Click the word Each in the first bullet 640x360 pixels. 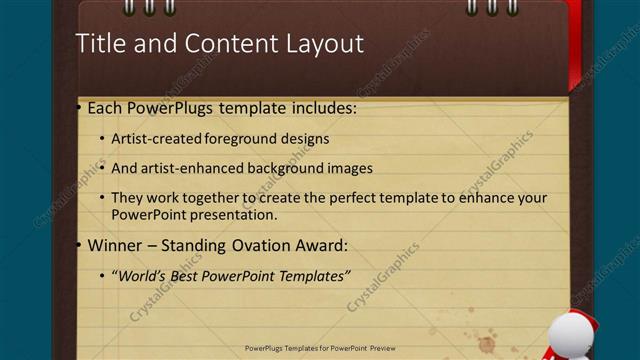point(107,108)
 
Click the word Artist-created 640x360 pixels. point(157,139)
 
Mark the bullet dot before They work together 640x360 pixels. point(102,199)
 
